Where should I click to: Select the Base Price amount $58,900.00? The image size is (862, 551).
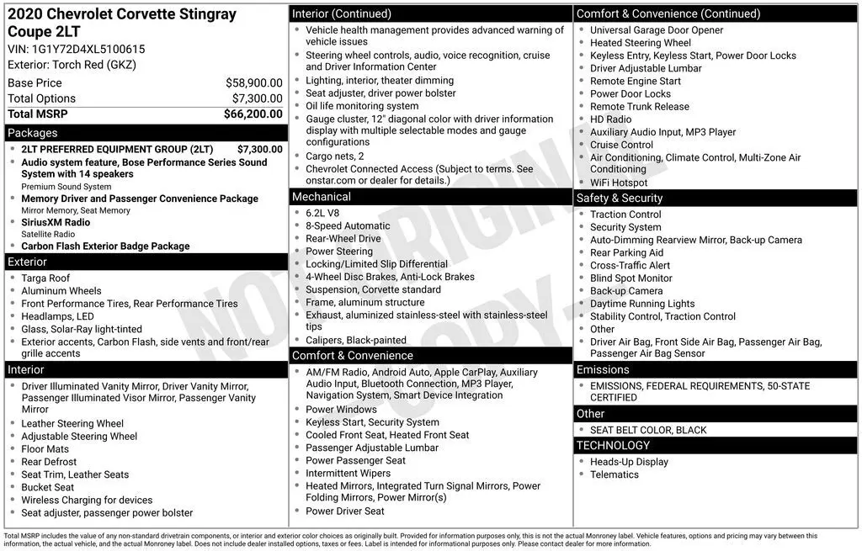pos(253,83)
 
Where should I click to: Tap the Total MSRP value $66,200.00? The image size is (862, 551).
pos(253,114)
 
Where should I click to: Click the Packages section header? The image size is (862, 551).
pos(33,133)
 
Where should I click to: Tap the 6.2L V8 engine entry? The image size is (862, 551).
pos(324,213)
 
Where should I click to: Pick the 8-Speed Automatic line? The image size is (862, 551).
pos(348,225)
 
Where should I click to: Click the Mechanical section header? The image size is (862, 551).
pos(321,197)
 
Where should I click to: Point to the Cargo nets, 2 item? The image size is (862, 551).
pos(335,156)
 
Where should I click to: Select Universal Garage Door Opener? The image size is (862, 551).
pos(657,30)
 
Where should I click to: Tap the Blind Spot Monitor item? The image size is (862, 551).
pos(631,278)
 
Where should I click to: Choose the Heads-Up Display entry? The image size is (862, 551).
pos(629,462)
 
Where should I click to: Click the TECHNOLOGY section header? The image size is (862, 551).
pos(613,446)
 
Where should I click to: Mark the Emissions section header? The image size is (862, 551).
pos(603,370)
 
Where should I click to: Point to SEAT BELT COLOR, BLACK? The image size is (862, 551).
pos(648,430)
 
